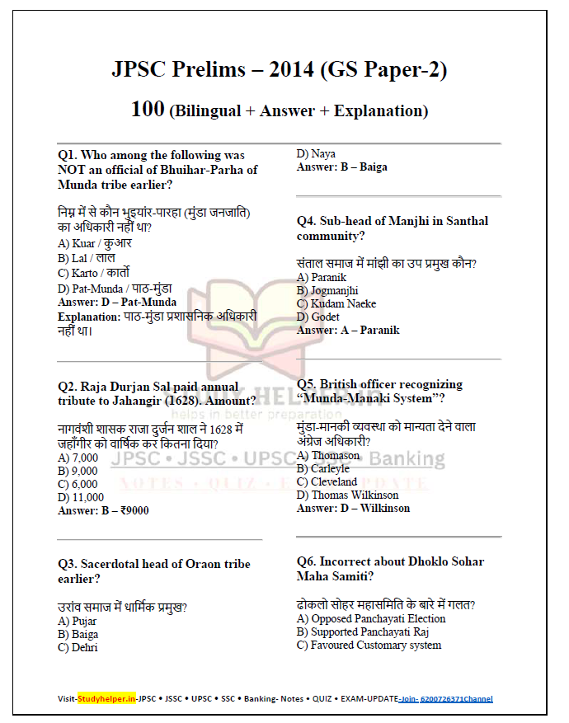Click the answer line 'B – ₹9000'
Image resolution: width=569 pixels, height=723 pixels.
pyautogui.click(x=103, y=510)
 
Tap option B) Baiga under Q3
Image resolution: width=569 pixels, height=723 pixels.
pyautogui.click(x=78, y=634)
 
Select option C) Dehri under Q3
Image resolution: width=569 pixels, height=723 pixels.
pyautogui.click(x=78, y=647)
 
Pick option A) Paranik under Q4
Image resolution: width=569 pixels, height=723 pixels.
pyautogui.click(x=322, y=278)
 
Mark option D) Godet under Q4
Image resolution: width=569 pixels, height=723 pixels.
pyautogui.click(x=318, y=317)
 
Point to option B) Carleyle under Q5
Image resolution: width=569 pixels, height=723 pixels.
pyautogui.click(x=323, y=468)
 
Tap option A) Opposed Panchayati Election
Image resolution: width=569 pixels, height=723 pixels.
pyautogui.click(x=371, y=618)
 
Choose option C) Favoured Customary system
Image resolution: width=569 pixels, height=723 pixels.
pyautogui.click(x=369, y=645)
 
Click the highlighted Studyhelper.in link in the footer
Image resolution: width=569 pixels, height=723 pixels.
pyautogui.click(x=106, y=698)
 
